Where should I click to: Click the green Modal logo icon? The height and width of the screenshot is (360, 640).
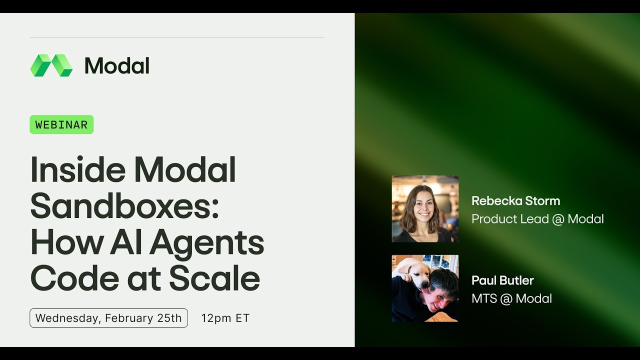point(51,65)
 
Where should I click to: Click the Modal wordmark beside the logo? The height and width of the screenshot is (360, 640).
point(117,66)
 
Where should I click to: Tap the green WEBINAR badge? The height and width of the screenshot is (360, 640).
point(61,124)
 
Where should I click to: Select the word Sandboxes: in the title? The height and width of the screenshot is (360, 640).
point(125,206)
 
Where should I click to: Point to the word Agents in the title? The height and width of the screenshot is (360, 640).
point(206,242)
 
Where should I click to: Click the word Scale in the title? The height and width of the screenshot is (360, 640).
point(214,278)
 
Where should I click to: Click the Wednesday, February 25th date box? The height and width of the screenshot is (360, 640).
point(108,318)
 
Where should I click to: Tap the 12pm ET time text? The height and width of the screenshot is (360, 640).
point(225,318)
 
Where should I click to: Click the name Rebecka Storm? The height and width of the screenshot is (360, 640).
point(515,201)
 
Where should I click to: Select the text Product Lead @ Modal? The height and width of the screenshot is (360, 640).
point(537,219)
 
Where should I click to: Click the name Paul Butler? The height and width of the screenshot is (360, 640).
point(502,280)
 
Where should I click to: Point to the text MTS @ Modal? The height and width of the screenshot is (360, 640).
point(511,298)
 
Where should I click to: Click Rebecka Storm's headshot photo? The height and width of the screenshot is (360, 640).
point(425,208)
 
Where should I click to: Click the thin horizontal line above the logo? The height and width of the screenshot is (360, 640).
point(177,37)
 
